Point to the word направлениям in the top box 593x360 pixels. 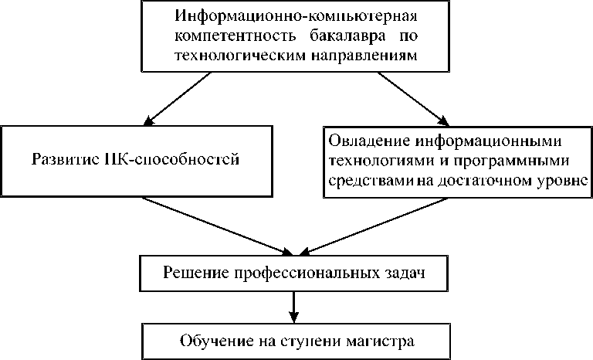[361, 56]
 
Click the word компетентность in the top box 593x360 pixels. [227, 36]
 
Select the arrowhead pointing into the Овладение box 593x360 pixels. [442, 119]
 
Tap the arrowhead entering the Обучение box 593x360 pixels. [294, 317]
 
